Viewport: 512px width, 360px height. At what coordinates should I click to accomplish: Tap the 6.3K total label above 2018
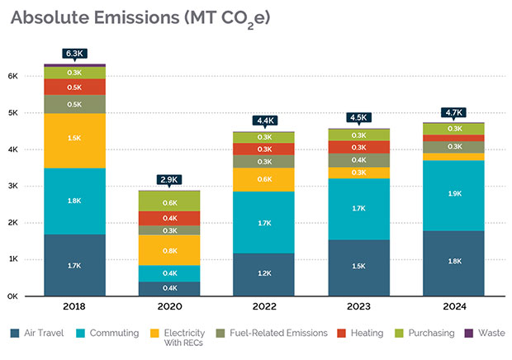pyautogui.click(x=74, y=54)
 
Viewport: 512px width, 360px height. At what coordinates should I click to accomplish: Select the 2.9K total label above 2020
pyautogui.click(x=169, y=179)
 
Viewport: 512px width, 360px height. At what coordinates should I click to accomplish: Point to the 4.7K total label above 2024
pyautogui.click(x=454, y=112)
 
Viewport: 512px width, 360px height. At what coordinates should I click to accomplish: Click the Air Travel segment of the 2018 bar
pyautogui.click(x=74, y=265)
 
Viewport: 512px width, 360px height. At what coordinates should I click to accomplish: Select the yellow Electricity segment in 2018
pyautogui.click(x=74, y=138)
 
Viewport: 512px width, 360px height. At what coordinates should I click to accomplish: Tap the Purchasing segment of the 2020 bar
pyautogui.click(x=169, y=201)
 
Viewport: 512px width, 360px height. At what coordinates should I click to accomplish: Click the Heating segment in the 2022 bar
pyautogui.click(x=264, y=149)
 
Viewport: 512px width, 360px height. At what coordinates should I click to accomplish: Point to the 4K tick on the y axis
pyautogui.click(x=13, y=149)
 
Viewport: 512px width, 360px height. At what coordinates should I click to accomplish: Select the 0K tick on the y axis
pyautogui.click(x=13, y=296)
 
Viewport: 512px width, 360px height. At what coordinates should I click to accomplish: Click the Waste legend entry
pyautogui.click(x=488, y=334)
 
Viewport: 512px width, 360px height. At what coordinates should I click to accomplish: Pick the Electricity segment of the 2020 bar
pyautogui.click(x=169, y=250)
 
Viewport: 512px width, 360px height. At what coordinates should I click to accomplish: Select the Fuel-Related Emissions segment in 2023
pyautogui.click(x=359, y=160)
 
